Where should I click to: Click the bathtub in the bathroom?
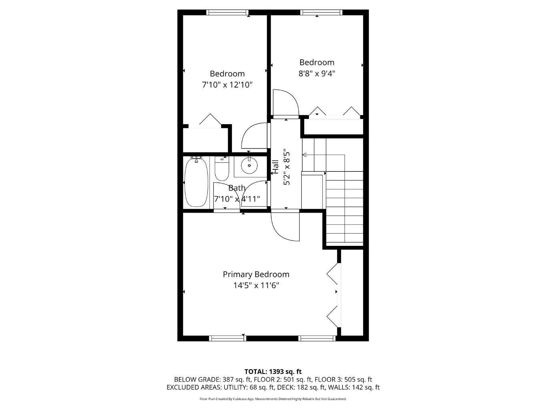click(196, 183)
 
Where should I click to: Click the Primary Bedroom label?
click(256, 274)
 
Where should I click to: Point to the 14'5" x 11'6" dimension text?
click(256, 285)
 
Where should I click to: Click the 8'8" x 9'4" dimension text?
click(317, 74)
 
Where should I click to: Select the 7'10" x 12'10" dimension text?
click(227, 85)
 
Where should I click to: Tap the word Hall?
click(275, 167)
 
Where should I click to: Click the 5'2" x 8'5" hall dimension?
click(286, 167)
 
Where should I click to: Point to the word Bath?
click(237, 188)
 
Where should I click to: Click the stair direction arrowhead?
click(304, 155)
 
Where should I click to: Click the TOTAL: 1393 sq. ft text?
click(273, 372)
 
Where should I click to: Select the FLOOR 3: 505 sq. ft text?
click(343, 380)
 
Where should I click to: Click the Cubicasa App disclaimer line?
click(273, 399)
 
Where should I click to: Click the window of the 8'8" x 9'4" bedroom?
click(321, 12)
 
